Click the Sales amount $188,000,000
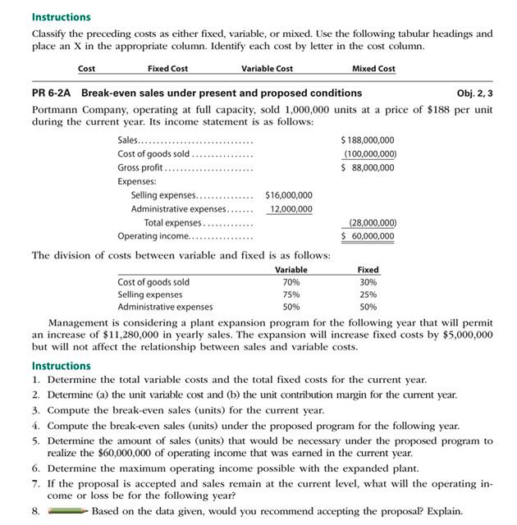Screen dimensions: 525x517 (368, 140)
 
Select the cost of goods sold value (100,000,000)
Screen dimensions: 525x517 (368, 153)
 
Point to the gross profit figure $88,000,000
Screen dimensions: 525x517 (368, 167)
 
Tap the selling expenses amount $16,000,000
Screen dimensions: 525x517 (288, 195)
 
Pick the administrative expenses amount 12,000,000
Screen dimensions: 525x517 (291, 208)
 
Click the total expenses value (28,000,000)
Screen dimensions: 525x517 (368, 222)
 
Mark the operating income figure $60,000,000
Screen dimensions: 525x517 (368, 236)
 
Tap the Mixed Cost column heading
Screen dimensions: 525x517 (373, 68)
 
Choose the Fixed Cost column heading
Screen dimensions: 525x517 (167, 68)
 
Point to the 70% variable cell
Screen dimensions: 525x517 (291, 281)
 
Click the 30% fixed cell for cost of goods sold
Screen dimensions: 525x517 (368, 281)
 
